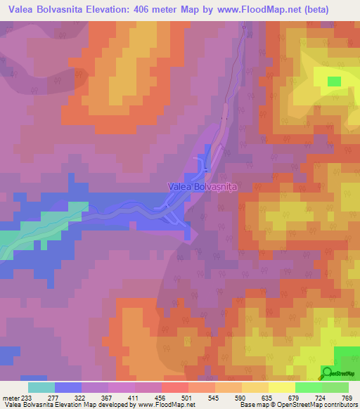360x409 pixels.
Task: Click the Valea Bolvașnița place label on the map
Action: click(202, 187)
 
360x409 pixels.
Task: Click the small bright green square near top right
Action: click(334, 82)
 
